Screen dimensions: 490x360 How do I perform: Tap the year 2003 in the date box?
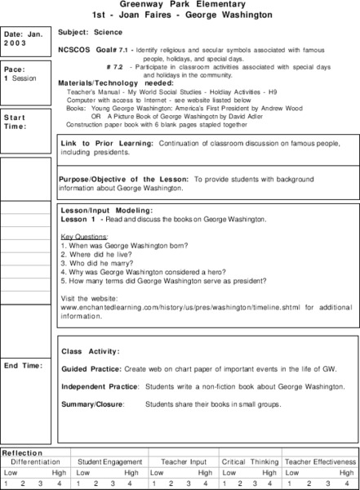pyautogui.click(x=16, y=44)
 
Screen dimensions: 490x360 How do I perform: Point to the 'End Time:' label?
pyautogui.click(x=22, y=365)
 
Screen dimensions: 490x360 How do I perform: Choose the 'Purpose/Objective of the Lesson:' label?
pyautogui.click(x=123, y=178)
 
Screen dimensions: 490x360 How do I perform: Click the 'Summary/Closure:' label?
pyautogui.click(x=91, y=403)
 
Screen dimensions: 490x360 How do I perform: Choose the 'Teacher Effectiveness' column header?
pyautogui.click(x=321, y=461)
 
